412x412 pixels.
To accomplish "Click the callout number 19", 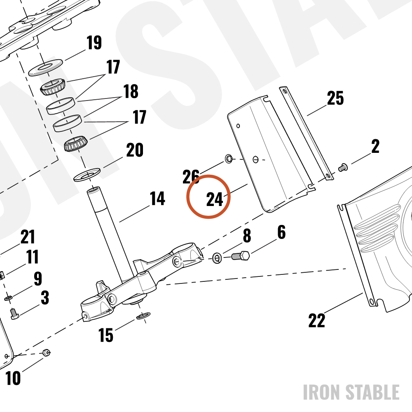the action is pos(94,42).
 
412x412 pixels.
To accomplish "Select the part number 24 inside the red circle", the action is pos(215,199).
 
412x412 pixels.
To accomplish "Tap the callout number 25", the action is pos(335,98).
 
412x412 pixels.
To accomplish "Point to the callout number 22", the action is pos(316,320).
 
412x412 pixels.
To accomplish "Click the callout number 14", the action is pos(157,199).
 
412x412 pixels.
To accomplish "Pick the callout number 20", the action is pos(135,150).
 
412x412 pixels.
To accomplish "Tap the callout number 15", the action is pos(105,335).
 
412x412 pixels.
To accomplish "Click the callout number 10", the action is pos(13,378).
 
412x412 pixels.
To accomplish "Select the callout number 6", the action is pos(281,232).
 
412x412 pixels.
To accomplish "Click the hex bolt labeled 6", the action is pos(241,256).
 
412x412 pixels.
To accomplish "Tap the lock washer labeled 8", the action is pos(217,258).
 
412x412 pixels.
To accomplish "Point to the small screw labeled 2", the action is pos(343,167).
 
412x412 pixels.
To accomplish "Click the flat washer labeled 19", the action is pos(45,68).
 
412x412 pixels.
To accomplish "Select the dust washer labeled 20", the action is pos(87,174).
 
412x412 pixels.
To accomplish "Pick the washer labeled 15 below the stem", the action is pos(143,316).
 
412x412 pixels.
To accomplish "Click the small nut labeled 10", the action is pos(47,352).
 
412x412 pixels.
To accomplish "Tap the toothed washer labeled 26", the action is pos(229,159).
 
